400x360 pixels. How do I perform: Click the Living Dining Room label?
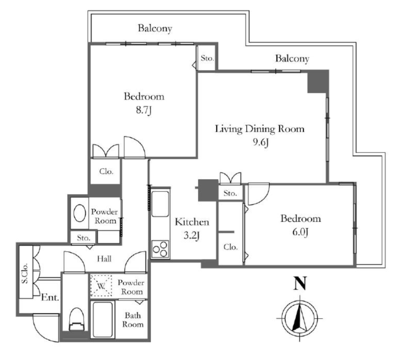[260, 129]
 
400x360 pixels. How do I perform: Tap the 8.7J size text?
[144, 110]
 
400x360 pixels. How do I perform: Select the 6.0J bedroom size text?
[300, 232]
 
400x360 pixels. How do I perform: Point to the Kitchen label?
[192, 222]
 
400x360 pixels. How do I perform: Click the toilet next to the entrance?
[76, 319]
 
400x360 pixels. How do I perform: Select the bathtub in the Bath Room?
[103, 320]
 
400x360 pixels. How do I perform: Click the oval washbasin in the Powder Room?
[80, 213]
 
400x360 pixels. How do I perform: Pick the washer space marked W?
[101, 286]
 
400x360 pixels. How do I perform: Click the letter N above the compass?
[300, 283]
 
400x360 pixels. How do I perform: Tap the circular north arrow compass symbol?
[300, 319]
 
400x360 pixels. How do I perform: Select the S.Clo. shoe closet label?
[25, 273]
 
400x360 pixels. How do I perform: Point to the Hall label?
[104, 259]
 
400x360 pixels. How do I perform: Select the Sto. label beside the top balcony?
[207, 58]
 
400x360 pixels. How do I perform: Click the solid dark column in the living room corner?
[318, 82]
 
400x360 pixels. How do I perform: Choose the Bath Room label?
[133, 320]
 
